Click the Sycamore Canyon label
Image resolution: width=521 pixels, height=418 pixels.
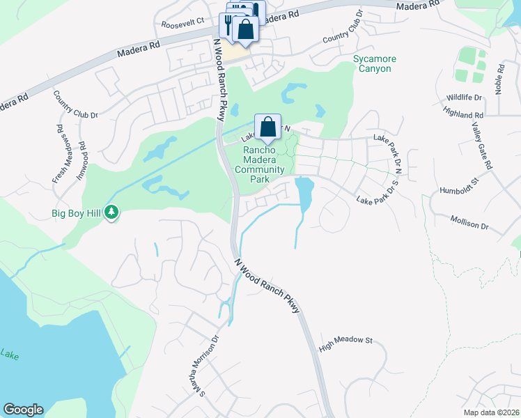pos(372,63)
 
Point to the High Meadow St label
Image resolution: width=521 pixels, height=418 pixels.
pos(346,343)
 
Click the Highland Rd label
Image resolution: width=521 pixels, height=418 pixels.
pos(462,112)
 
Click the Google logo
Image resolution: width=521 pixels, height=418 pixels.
pos(23,410)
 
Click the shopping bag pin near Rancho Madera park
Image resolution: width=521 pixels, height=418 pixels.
pos(267,127)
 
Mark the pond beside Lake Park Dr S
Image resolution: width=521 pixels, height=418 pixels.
pos(304,192)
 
